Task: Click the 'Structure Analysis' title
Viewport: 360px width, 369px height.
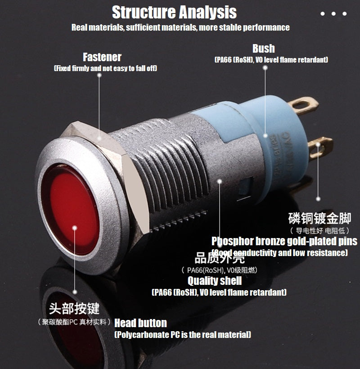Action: pos(174,12)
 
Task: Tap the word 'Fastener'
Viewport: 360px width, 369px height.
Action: pos(102,57)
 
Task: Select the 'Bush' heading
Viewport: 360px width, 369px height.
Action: pos(263,49)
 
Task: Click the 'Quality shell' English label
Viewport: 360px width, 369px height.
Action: pos(215,281)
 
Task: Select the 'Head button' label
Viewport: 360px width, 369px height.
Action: pos(140,323)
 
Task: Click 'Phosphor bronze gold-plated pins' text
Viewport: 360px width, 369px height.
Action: pos(284,241)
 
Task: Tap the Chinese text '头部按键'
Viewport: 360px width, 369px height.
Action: pos(74,308)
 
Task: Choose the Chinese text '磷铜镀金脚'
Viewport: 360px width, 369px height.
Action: pos(319,219)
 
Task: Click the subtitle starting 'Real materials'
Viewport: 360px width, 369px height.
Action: pos(180,27)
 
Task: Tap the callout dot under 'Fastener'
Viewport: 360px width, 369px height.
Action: pos(99,76)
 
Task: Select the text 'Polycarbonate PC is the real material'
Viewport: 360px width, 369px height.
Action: pos(183,335)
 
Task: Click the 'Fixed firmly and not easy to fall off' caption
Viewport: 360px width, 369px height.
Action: pos(105,68)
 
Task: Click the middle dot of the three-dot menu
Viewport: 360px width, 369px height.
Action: pos(333,14)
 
